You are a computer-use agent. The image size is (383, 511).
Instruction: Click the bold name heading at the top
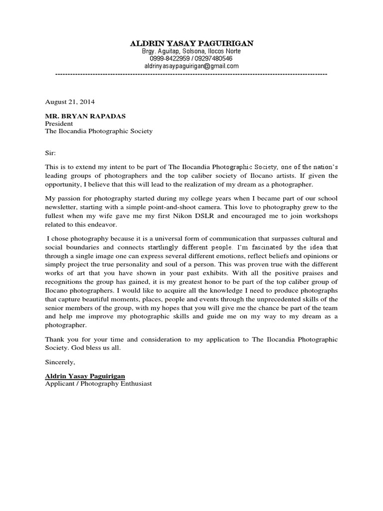click(x=191, y=43)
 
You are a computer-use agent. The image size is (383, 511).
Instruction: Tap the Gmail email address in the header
click(x=191, y=66)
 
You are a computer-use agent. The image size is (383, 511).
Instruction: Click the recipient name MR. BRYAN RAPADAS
click(x=85, y=116)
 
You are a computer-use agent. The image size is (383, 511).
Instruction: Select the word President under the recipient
click(x=59, y=123)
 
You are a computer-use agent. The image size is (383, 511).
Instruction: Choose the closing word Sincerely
click(x=60, y=361)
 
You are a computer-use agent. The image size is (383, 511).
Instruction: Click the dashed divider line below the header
click(x=191, y=74)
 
